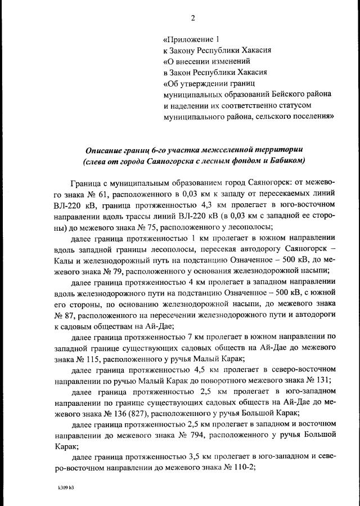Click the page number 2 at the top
click(192, 17)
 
